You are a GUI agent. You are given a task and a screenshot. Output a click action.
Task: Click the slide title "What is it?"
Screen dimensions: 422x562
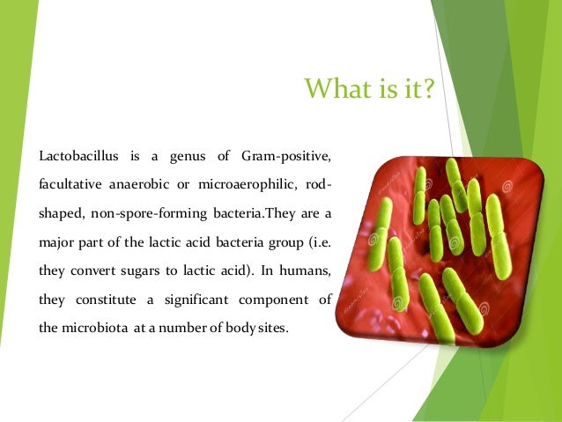coord(370,90)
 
